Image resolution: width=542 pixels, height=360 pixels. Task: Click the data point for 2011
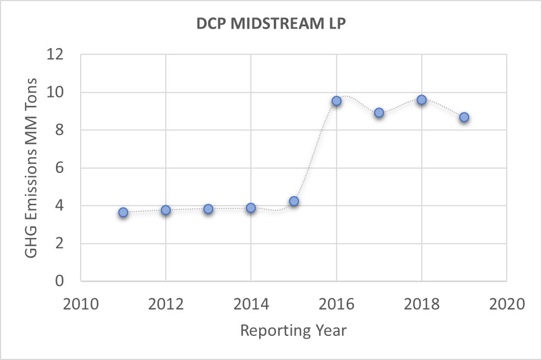[x=123, y=212]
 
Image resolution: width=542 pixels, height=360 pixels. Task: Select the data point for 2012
[x=166, y=210]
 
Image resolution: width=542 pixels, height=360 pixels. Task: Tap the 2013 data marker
[x=208, y=209]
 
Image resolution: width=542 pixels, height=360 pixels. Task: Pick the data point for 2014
[x=251, y=208]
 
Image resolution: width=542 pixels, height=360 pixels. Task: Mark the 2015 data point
[x=294, y=201]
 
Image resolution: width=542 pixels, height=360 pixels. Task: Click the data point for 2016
[x=337, y=101]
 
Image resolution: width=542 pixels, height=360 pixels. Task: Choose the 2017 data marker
[x=379, y=113]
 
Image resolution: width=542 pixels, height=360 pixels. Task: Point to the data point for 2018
[x=422, y=100]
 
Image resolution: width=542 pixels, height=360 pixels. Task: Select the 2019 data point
[x=464, y=117]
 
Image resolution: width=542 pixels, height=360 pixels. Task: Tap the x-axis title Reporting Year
[x=293, y=330]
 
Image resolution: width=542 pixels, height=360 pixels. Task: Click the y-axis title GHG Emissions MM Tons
[x=31, y=168]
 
